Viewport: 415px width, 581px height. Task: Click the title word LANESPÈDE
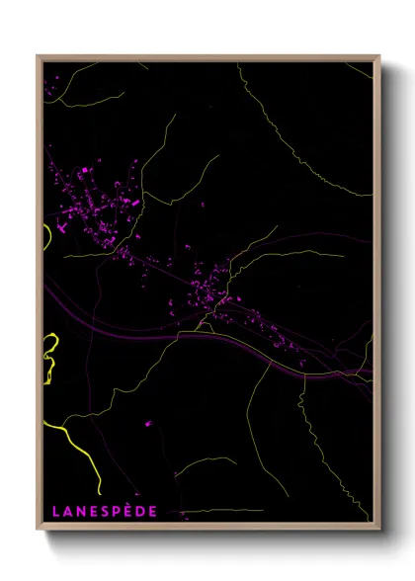click(x=104, y=512)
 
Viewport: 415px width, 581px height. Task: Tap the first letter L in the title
click(x=55, y=512)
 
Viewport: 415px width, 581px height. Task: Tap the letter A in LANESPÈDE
click(x=66, y=512)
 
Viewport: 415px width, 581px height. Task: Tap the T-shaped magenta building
click(x=62, y=226)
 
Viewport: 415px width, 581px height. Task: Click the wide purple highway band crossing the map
click(x=148, y=327)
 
